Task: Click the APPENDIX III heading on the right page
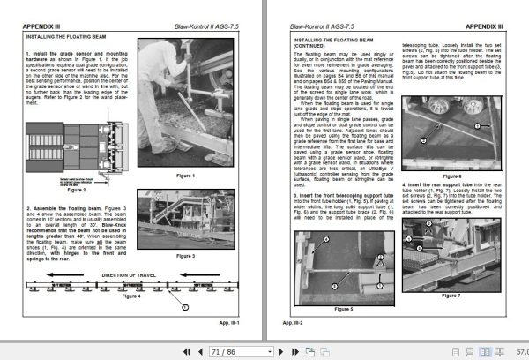[485, 26]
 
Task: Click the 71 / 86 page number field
[223, 350]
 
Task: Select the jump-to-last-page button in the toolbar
[266, 350]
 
